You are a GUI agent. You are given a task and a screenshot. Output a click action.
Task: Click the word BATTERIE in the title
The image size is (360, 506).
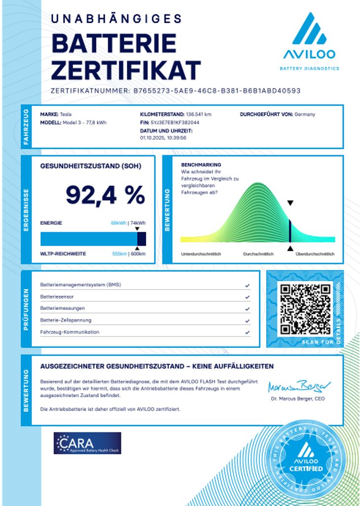(114, 44)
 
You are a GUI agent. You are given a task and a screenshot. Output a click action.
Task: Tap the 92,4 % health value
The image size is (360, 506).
(105, 195)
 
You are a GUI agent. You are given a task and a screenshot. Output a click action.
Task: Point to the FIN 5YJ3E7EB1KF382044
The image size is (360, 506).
(175, 122)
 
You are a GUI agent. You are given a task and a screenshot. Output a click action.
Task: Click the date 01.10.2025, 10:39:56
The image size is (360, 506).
(163, 138)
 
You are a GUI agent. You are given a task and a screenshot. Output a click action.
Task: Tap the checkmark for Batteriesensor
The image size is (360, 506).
(247, 297)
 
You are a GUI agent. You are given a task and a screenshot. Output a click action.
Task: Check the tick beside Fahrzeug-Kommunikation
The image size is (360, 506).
(247, 332)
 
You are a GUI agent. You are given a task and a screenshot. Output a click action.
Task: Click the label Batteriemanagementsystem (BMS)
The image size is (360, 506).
(80, 285)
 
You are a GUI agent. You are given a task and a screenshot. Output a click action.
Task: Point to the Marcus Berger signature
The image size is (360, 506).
(299, 386)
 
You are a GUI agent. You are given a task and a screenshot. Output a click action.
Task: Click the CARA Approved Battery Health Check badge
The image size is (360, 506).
(87, 443)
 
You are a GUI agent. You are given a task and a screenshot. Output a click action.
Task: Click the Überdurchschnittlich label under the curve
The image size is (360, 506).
(315, 254)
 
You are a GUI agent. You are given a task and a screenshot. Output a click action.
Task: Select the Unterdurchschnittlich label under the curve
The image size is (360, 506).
(201, 254)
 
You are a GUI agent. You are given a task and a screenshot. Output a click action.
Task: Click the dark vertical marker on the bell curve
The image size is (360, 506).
(290, 231)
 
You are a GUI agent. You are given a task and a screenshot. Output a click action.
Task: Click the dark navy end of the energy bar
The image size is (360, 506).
(141, 239)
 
